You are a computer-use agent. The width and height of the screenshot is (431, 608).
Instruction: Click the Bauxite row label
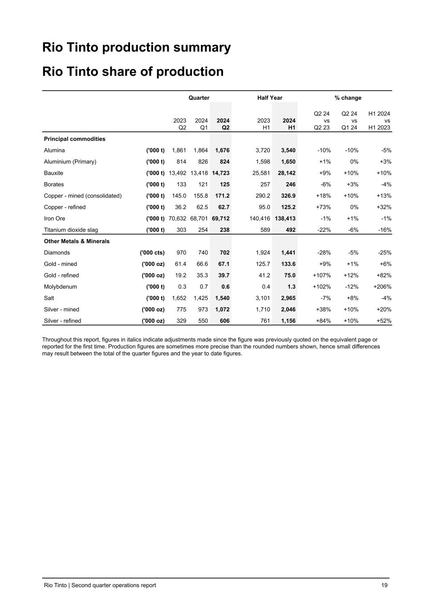53,173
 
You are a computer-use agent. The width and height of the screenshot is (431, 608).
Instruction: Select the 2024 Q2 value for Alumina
222,151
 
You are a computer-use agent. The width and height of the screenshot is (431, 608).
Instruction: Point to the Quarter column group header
199,98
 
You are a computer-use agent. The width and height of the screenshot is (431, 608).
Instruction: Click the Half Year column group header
270,98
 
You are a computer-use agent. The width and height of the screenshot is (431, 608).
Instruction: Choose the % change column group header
348,98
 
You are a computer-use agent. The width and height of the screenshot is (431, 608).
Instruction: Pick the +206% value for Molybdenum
382,287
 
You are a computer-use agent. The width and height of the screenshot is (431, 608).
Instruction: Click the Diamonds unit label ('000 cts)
152,253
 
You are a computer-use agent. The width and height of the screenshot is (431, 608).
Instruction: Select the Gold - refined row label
61,276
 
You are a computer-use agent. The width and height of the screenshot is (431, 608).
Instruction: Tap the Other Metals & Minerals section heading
77,241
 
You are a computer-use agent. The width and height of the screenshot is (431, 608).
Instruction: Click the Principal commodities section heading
75,139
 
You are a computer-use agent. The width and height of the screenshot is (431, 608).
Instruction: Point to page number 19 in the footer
384,585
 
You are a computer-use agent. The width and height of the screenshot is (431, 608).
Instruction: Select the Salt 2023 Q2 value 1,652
179,298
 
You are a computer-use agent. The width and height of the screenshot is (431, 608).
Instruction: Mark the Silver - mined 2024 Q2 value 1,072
222,310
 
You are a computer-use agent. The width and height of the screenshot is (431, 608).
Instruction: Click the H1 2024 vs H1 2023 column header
379,121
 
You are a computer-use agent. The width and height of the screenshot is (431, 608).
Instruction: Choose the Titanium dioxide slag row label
71,230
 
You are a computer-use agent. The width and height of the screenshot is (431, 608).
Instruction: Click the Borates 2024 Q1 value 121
203,184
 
